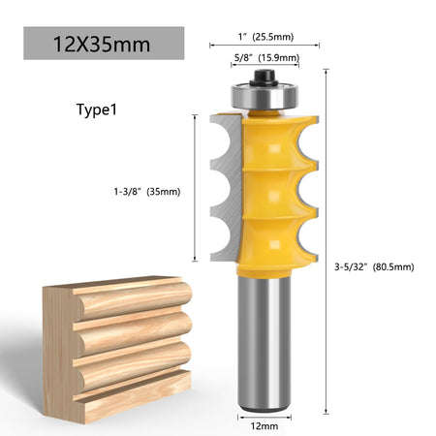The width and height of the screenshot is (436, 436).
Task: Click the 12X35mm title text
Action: point(102,45)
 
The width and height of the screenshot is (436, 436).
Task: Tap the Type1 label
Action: point(97,109)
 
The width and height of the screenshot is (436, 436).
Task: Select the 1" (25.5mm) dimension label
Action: point(265,37)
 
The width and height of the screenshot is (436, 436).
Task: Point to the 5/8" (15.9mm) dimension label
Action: point(266,58)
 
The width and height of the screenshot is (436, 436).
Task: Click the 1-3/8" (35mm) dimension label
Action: point(147,192)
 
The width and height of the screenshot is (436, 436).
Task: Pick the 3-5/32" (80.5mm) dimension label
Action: point(374,267)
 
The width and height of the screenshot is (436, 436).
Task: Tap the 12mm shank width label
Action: point(265,426)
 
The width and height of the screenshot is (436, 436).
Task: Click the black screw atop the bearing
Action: point(265,78)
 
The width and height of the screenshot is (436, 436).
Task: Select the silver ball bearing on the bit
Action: point(265,96)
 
